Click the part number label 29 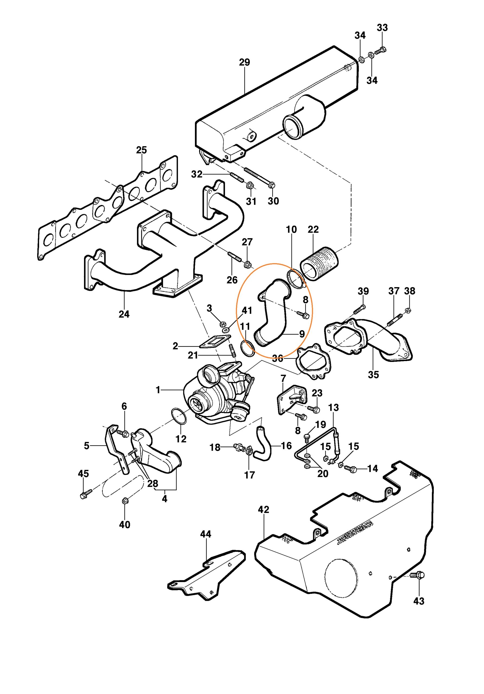point(244,62)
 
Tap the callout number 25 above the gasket point(141,150)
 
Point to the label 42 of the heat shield point(263,509)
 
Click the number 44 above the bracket point(206,534)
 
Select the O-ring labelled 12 point(179,416)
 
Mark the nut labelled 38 point(408,310)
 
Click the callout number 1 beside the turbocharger point(158,390)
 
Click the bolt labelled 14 point(352,469)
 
